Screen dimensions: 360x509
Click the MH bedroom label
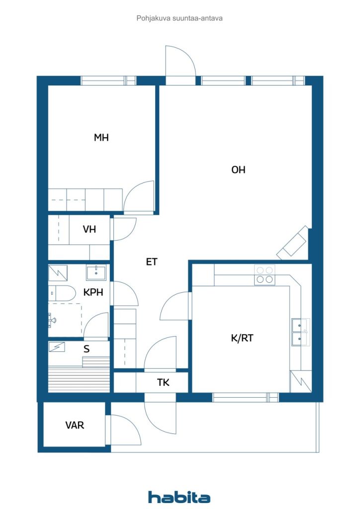[101, 138]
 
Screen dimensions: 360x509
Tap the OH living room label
[238, 170]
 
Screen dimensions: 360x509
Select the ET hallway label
[152, 261]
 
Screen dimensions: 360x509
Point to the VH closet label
[90, 229]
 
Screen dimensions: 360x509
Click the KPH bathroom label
[93, 292]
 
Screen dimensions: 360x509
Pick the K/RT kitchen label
[242, 338]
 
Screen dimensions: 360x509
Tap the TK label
[163, 382]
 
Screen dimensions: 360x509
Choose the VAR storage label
[75, 425]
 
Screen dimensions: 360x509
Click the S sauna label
[87, 349]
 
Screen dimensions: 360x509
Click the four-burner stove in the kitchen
[265, 274]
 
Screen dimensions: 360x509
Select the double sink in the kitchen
[300, 332]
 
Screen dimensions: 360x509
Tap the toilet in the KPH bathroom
[62, 293]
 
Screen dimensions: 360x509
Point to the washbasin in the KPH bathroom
[96, 273]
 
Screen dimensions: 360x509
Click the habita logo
[179, 497]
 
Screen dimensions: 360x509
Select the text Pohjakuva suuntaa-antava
[180, 18]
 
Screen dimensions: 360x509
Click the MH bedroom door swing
[139, 197]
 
